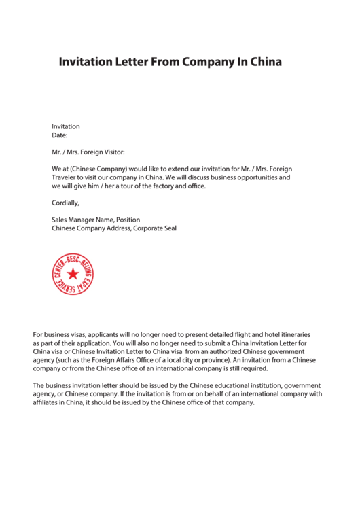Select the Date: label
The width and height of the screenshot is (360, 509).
[x=60, y=135]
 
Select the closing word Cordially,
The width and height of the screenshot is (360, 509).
[x=66, y=203]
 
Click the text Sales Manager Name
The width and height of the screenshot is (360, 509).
[x=82, y=220]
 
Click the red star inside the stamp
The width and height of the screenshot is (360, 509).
[x=72, y=275]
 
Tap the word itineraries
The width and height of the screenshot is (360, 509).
[x=294, y=334]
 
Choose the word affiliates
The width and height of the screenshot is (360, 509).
[x=48, y=402]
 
